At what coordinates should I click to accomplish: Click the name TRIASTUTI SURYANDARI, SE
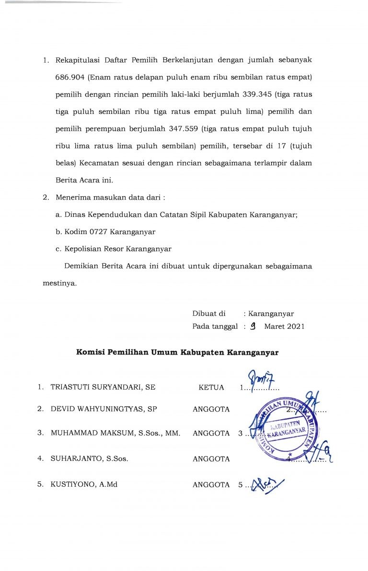tap(103, 387)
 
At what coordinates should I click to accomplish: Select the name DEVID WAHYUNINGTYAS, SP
tap(104, 409)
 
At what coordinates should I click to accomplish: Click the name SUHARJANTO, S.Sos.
tap(89, 459)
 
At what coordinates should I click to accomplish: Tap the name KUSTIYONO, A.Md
tap(84, 484)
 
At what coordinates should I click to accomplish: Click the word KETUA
tap(211, 387)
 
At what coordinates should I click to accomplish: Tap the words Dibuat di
tap(208, 313)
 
